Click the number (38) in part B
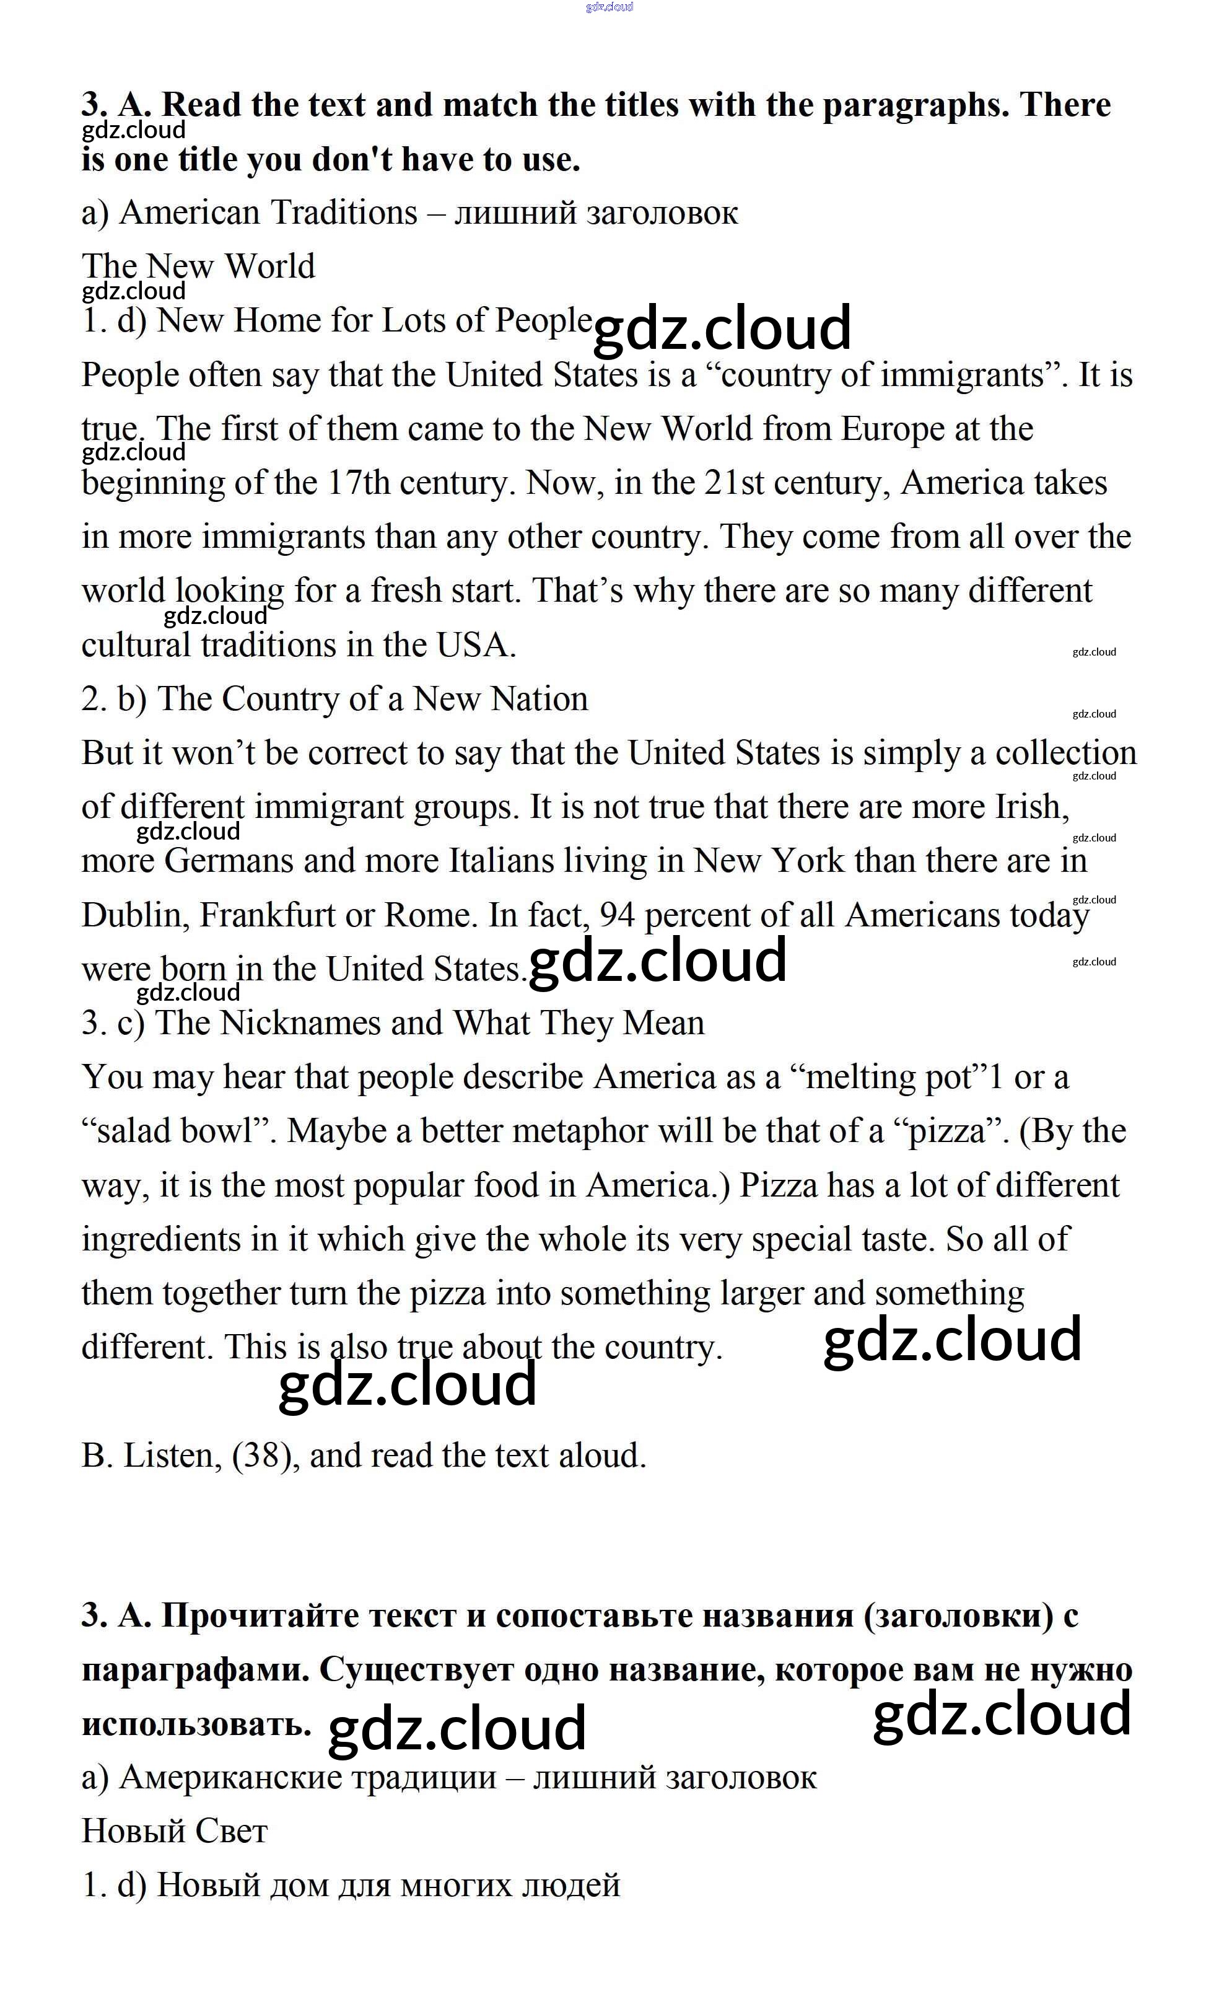[262, 1456]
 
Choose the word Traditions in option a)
[343, 213]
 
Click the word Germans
[229, 861]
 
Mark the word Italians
[502, 861]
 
